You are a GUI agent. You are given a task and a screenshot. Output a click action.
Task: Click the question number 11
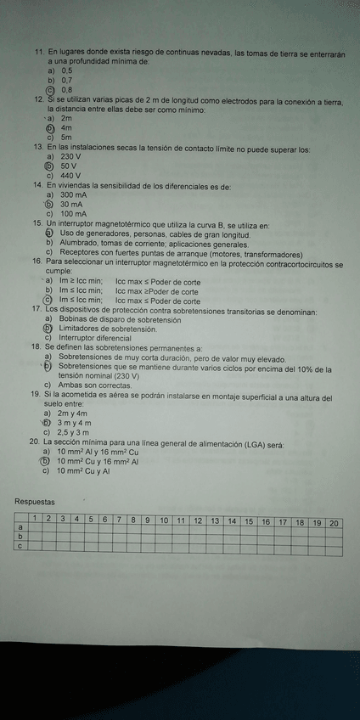pyautogui.click(x=39, y=53)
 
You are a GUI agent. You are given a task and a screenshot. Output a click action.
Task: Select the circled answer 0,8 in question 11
pyautogui.click(x=66, y=89)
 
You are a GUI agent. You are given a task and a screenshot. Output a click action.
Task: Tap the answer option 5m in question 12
pyautogui.click(x=66, y=137)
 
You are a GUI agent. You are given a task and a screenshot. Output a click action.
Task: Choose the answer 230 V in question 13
pyautogui.click(x=70, y=157)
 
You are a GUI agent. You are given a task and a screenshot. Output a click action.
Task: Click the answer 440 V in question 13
pyautogui.click(x=70, y=175)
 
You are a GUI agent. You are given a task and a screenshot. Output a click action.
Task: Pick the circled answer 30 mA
pyautogui.click(x=71, y=205)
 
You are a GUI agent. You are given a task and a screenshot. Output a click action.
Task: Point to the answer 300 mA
pyautogui.click(x=73, y=195)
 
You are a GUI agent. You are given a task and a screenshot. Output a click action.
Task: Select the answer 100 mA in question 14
pyautogui.click(x=73, y=214)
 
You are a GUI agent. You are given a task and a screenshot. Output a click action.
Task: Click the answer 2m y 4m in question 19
pyautogui.click(x=73, y=413)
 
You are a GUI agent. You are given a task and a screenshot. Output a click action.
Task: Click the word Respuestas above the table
pyautogui.click(x=35, y=503)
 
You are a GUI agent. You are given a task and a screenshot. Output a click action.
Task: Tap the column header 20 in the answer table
pyautogui.click(x=334, y=521)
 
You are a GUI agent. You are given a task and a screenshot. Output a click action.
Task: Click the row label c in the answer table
pyautogui.click(x=20, y=546)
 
